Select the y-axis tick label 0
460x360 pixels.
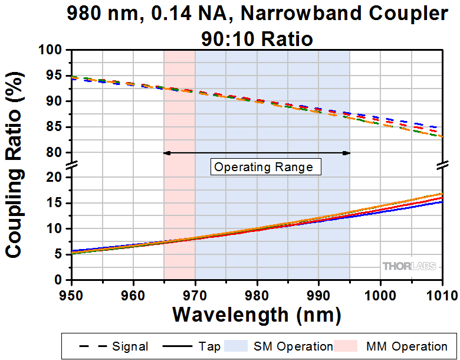[59, 279]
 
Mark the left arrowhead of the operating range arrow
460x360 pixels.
[166, 153]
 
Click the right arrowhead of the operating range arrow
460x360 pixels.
[347, 153]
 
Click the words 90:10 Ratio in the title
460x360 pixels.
[257, 39]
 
